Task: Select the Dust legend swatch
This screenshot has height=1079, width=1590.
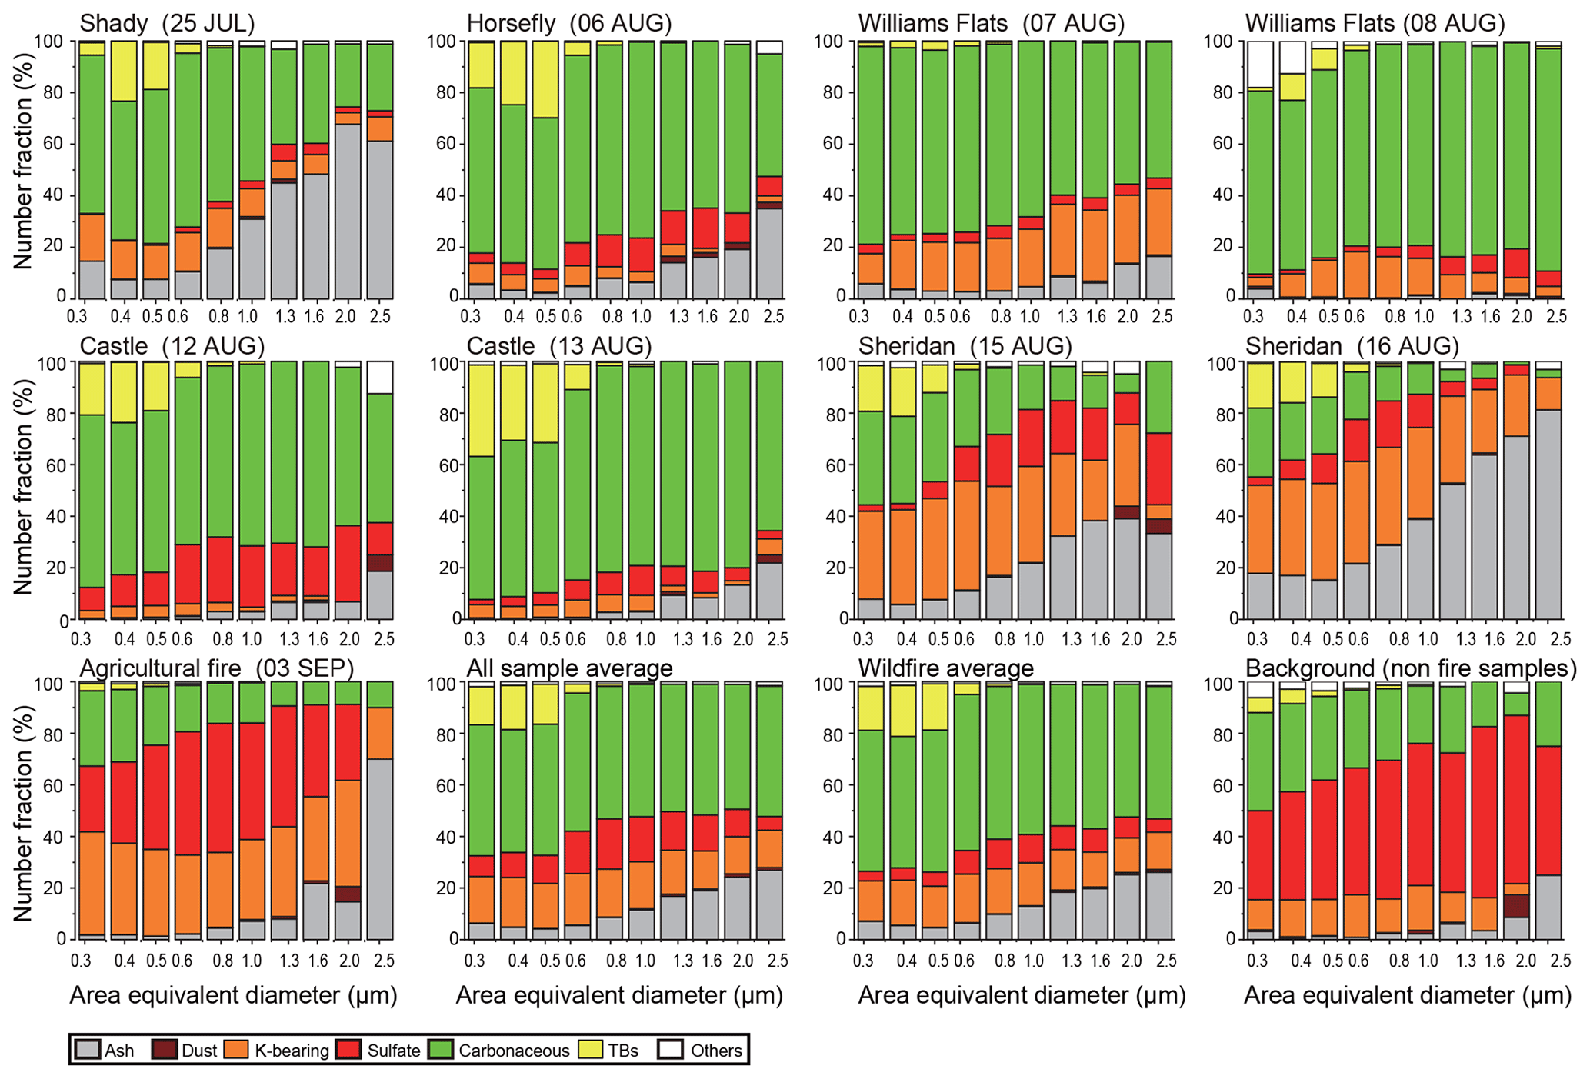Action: [165, 1051]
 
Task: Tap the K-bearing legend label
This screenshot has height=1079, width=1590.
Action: [292, 1051]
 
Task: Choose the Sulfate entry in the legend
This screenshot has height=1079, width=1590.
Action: [393, 1051]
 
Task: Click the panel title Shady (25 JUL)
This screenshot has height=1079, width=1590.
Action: [167, 23]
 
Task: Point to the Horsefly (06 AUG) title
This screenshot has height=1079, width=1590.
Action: [569, 23]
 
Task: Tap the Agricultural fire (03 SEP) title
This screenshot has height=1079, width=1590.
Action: [216, 668]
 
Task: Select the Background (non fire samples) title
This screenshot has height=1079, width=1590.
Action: [1411, 668]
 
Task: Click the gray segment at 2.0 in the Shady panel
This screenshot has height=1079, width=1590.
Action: [348, 211]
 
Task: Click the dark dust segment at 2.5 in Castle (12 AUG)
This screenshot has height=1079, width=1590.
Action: [380, 563]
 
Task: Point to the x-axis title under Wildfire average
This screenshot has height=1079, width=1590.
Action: [1022, 995]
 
